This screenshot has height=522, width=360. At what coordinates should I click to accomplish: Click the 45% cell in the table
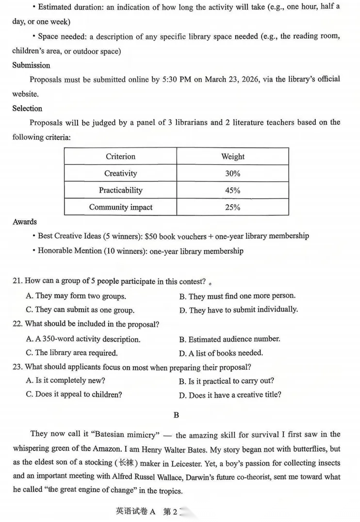(232, 190)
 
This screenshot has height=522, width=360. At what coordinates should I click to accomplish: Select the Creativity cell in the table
(120, 173)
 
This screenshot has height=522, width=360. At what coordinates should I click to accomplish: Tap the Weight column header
(232, 156)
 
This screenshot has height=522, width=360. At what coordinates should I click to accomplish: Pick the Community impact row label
(120, 207)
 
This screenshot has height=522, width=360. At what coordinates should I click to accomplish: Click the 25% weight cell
(232, 207)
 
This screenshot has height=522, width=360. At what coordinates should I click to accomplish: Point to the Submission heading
(31, 65)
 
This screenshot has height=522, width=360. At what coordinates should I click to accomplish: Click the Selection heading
(27, 108)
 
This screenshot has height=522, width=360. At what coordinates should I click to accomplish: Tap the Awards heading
(24, 222)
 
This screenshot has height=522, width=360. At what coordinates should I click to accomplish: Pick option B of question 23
(226, 381)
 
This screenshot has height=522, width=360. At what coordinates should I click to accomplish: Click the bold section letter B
(176, 415)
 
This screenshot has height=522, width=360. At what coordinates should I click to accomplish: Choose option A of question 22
(83, 339)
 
